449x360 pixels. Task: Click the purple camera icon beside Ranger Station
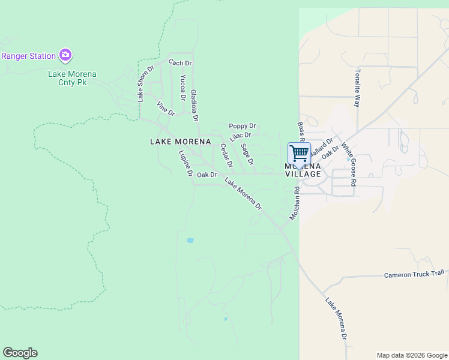[x=65, y=56]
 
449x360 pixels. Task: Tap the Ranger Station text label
[x=28, y=56]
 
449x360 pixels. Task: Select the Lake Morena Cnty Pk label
[x=72, y=78]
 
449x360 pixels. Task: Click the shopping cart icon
[x=299, y=153]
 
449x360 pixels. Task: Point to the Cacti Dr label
[x=180, y=63]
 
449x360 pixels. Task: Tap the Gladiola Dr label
[x=194, y=103]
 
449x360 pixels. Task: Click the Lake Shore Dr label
[x=142, y=83]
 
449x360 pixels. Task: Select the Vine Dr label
[x=165, y=109]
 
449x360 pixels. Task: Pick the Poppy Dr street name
[x=243, y=126]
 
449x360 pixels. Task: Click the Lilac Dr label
[x=240, y=136]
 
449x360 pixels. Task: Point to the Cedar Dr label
[x=226, y=155]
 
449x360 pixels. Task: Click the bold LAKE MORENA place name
[x=180, y=142]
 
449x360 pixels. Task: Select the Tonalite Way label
[x=357, y=88]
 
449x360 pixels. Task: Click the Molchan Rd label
[x=294, y=203]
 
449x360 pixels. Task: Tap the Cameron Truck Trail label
[x=414, y=274]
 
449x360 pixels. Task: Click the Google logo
[x=20, y=353]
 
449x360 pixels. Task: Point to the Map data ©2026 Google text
[x=411, y=355]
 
